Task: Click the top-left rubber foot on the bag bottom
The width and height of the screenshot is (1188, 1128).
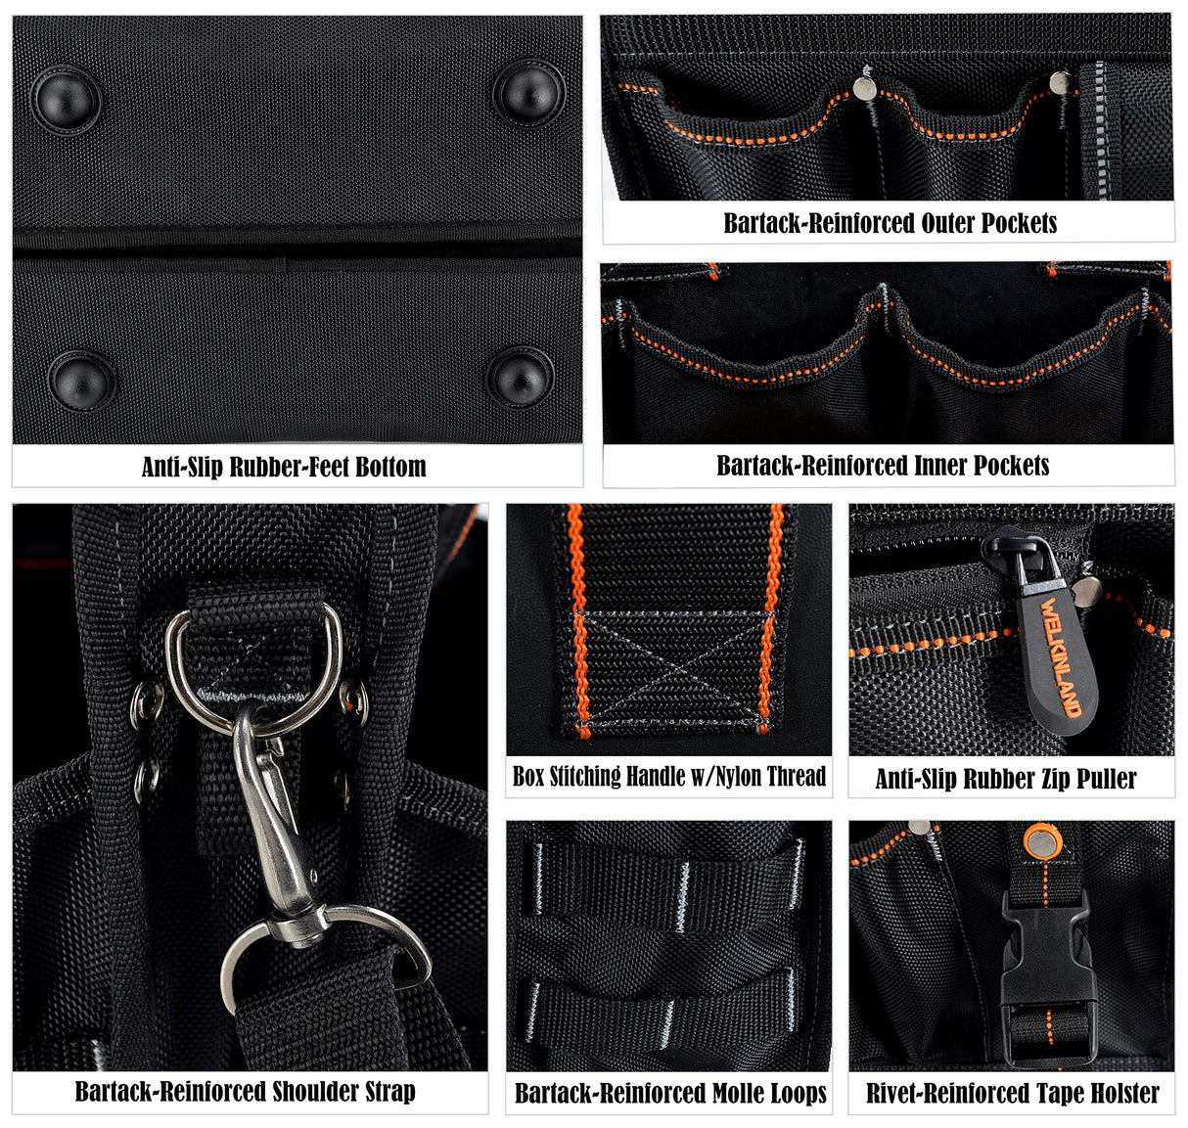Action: [x=66, y=99]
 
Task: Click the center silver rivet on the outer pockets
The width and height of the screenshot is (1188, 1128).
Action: [x=864, y=88]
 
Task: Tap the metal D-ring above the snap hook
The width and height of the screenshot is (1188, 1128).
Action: [x=253, y=665]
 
